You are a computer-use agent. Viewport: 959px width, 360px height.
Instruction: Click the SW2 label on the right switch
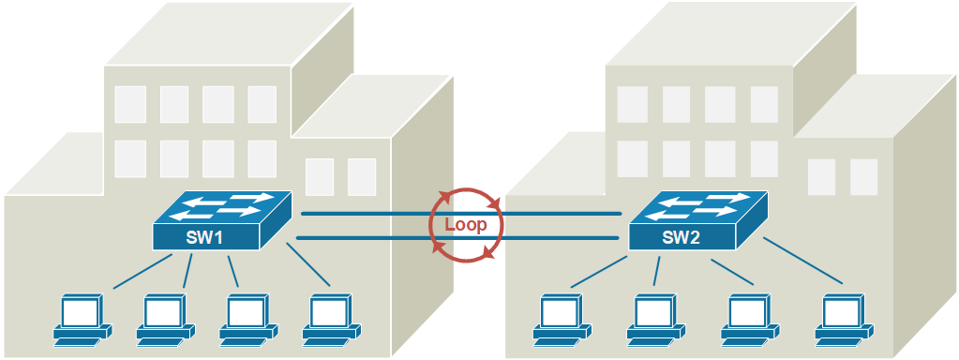[x=681, y=237]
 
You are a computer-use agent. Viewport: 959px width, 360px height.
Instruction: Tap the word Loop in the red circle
[x=466, y=225]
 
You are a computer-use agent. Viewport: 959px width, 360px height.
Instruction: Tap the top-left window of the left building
[x=130, y=104]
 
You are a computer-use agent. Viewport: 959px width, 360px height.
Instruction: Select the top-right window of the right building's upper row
[x=764, y=104]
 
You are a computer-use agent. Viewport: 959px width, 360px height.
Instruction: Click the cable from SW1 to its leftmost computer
[x=141, y=273]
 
